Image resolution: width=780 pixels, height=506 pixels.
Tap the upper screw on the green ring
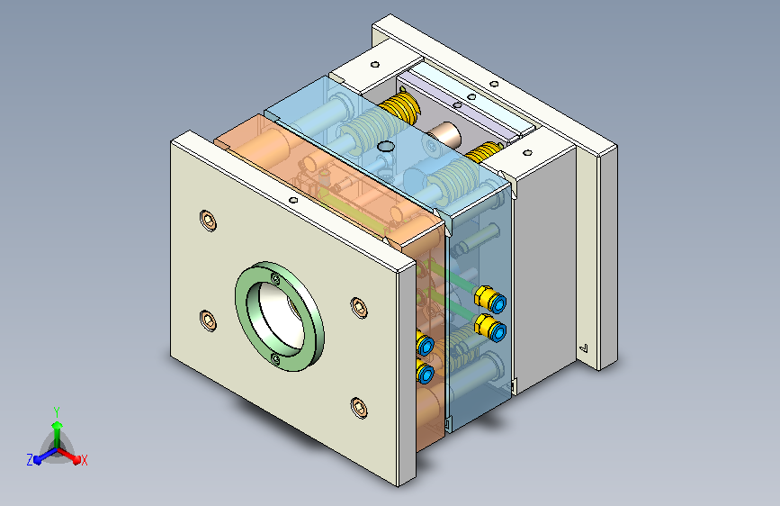(275, 279)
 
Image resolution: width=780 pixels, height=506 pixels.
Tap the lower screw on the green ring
(275, 358)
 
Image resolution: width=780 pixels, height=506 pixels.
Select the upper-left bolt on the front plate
(208, 220)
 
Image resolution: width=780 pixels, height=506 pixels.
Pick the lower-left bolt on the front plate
(208, 321)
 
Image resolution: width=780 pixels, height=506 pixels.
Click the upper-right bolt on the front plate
(359, 307)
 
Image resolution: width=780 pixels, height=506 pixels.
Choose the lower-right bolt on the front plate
(359, 407)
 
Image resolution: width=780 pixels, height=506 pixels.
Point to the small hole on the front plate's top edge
(293, 200)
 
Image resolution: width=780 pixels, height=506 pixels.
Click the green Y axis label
(57, 411)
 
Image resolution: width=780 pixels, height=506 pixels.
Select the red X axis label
(84, 460)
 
